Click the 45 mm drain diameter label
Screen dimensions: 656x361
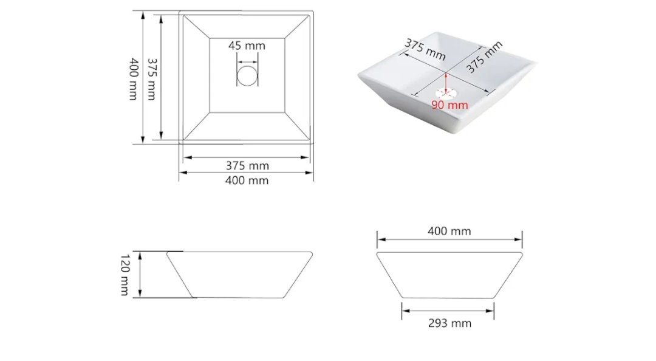247,46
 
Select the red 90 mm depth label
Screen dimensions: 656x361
449,105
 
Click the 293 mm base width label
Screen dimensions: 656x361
449,323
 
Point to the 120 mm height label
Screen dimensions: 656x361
125,275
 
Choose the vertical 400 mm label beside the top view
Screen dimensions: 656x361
133,79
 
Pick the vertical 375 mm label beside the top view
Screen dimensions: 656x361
151,79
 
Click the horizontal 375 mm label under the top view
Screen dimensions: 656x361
247,166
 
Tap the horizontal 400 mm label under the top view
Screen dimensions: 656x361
247,180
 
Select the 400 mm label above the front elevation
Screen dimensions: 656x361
449,231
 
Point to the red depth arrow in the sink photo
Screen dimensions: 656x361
446,83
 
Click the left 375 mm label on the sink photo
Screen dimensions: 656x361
425,49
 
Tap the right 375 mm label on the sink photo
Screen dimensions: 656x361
484,57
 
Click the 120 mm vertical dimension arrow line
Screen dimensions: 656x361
140,275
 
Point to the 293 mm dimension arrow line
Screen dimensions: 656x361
448,311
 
